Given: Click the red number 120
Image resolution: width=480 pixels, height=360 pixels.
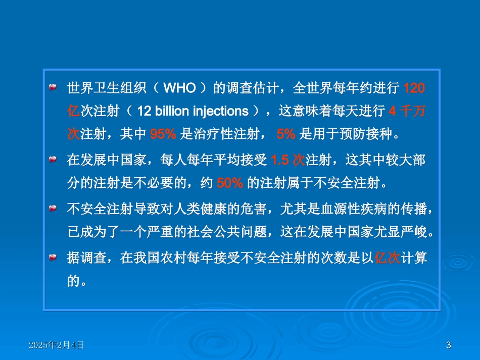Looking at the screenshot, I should point(415,89).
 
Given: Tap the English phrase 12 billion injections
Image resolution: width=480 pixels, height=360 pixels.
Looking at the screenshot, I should point(193,111).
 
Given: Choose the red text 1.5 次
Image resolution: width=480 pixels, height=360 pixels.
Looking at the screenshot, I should point(287,161).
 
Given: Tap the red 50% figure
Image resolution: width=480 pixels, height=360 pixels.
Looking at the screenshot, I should point(230,183).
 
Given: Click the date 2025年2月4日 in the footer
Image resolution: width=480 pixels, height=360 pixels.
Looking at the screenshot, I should point(57,345).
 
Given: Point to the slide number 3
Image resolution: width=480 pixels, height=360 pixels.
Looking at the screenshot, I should point(449,345).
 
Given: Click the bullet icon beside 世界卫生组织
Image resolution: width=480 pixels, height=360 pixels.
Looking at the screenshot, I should point(52,89).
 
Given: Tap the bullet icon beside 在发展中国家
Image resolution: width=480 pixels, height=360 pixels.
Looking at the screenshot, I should point(52,161).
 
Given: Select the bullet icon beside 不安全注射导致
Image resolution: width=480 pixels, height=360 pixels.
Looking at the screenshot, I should point(52,209).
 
